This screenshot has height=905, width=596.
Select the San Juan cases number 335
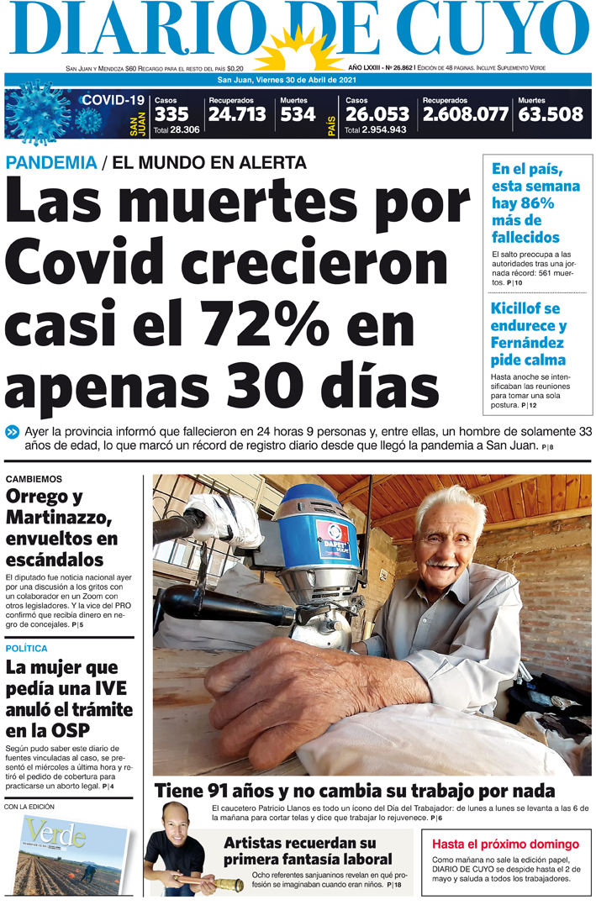click(x=171, y=114)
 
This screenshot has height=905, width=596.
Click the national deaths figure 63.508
click(x=550, y=114)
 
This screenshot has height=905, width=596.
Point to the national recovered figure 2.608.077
click(x=465, y=114)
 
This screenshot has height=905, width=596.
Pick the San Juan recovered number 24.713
click(x=237, y=114)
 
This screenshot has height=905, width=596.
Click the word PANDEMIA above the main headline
click(x=51, y=163)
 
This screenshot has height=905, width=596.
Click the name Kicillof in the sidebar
click(x=518, y=308)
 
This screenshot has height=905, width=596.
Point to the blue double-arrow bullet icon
click(x=12, y=432)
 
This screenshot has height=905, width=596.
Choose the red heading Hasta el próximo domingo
click(x=505, y=844)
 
